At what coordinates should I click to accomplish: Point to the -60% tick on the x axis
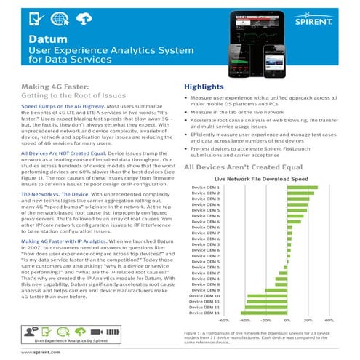(224, 319)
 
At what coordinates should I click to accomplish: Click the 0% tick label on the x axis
(287, 319)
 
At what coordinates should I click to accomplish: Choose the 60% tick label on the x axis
(329, 319)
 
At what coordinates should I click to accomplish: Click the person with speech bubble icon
(31, 329)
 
